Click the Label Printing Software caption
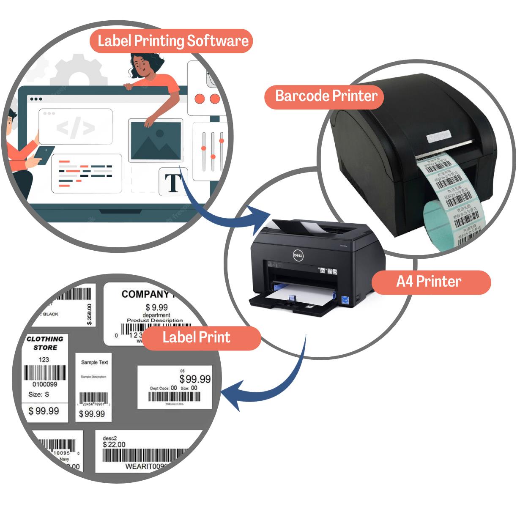[172, 41]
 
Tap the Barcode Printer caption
[326, 96]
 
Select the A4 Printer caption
[429, 282]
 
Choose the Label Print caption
[197, 337]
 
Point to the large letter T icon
[173, 183]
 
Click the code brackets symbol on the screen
[76, 127]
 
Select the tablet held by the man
[45, 154]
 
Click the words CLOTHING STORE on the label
[45, 343]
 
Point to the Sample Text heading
[94, 362]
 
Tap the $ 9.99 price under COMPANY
[156, 307]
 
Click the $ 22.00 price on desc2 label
[115, 444]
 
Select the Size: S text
[38, 394]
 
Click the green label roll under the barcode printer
[435, 224]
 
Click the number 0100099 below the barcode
[44, 384]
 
